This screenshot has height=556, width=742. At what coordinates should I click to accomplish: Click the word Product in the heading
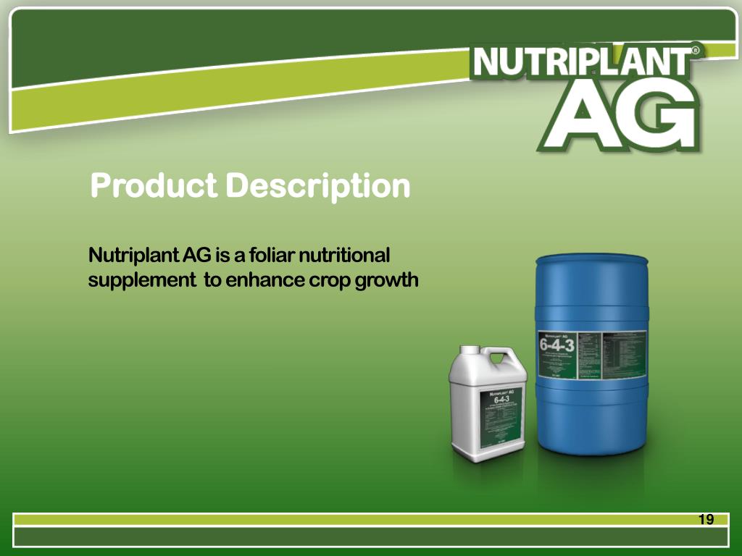(x=153, y=186)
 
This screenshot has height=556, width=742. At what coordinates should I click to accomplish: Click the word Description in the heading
(x=317, y=186)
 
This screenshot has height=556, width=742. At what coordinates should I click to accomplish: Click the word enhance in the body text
(x=264, y=280)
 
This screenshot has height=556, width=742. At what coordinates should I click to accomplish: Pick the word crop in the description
(x=330, y=280)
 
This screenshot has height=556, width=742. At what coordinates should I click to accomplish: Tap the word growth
(x=387, y=280)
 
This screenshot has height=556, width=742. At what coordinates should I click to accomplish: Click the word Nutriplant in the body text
(x=133, y=256)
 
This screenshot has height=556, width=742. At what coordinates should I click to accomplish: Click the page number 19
(x=706, y=519)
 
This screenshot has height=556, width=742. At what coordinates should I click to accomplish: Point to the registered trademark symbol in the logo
(x=696, y=51)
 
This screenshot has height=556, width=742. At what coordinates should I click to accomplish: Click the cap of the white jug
(x=470, y=351)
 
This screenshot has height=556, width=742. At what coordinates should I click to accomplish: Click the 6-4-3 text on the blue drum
(x=556, y=344)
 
